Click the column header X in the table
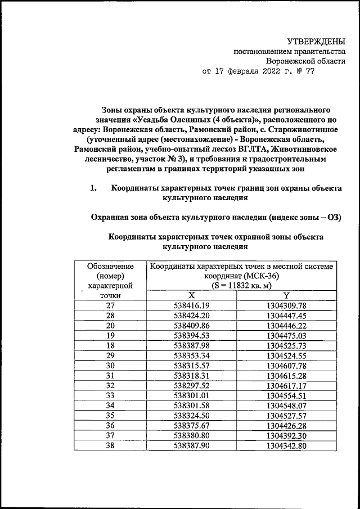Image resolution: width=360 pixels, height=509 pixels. pos(191,295)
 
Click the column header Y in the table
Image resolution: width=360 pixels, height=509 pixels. pos(286,295)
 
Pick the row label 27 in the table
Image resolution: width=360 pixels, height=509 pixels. pos(110,305)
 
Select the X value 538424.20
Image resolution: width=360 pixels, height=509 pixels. pos(191,316)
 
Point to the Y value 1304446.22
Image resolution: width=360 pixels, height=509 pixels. pos(286,326)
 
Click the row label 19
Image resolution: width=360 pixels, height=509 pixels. pos(110,336)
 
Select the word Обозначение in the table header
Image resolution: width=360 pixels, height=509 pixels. pos(110,266)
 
